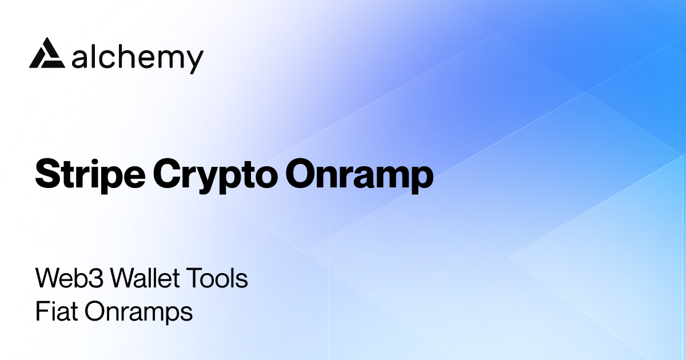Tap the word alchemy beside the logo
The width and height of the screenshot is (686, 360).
pyautogui.click(x=138, y=58)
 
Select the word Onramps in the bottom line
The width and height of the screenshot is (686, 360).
pyautogui.click(x=138, y=313)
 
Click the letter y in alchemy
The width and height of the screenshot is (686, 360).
pyautogui.click(x=194, y=61)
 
